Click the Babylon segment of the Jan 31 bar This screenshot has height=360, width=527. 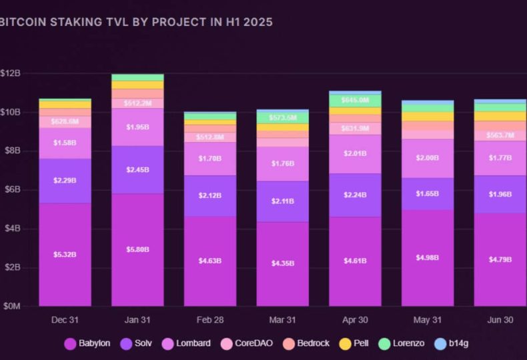click(x=137, y=249)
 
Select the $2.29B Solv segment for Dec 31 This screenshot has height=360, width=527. click(x=65, y=181)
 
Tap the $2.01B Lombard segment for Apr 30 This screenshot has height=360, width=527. click(x=355, y=154)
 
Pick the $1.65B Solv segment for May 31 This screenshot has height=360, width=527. click(x=428, y=194)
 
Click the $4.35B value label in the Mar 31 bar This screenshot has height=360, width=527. click(x=282, y=263)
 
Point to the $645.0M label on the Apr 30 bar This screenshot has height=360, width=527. click(x=355, y=100)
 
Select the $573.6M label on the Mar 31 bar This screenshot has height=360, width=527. click(x=282, y=117)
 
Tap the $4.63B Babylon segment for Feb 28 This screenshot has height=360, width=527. click(x=210, y=261)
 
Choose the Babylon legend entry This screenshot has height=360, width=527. click(x=87, y=343)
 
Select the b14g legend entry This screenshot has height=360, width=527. click(x=455, y=343)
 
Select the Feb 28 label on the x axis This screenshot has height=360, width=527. click(x=210, y=320)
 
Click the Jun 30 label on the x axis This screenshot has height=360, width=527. click(x=500, y=320)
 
